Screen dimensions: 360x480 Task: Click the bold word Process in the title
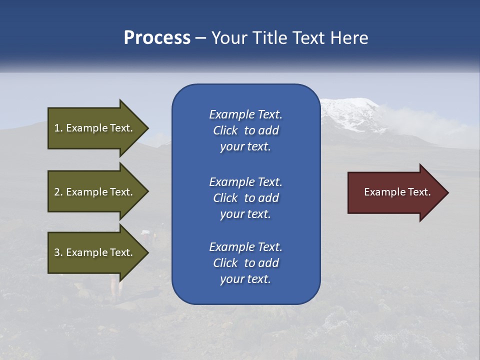pos(157,38)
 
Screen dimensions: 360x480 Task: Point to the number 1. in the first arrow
pos(58,128)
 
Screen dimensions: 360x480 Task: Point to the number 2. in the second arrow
pos(58,192)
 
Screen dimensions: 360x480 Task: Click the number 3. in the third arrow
pos(58,252)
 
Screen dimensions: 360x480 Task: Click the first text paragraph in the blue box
pos(245,130)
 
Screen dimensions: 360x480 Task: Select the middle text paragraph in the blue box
pos(245,198)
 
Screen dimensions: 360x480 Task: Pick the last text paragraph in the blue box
pos(245,263)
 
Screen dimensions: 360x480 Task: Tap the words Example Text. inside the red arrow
pos(397,192)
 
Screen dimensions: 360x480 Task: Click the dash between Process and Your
pos(200,38)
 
